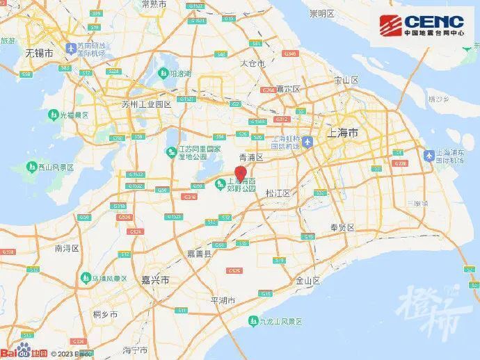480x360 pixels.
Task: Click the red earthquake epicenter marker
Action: point(241,174)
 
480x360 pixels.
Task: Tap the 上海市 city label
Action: point(344,132)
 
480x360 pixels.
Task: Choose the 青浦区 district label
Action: point(250,158)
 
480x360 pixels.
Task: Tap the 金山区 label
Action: point(307,281)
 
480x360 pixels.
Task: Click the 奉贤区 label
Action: point(343,227)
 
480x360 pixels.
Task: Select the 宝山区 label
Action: point(345,81)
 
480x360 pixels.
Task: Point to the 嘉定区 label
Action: point(287,89)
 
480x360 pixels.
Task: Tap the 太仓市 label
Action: point(253,63)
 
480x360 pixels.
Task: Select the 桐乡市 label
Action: point(106,314)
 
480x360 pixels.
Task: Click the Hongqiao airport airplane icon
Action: point(307,142)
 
